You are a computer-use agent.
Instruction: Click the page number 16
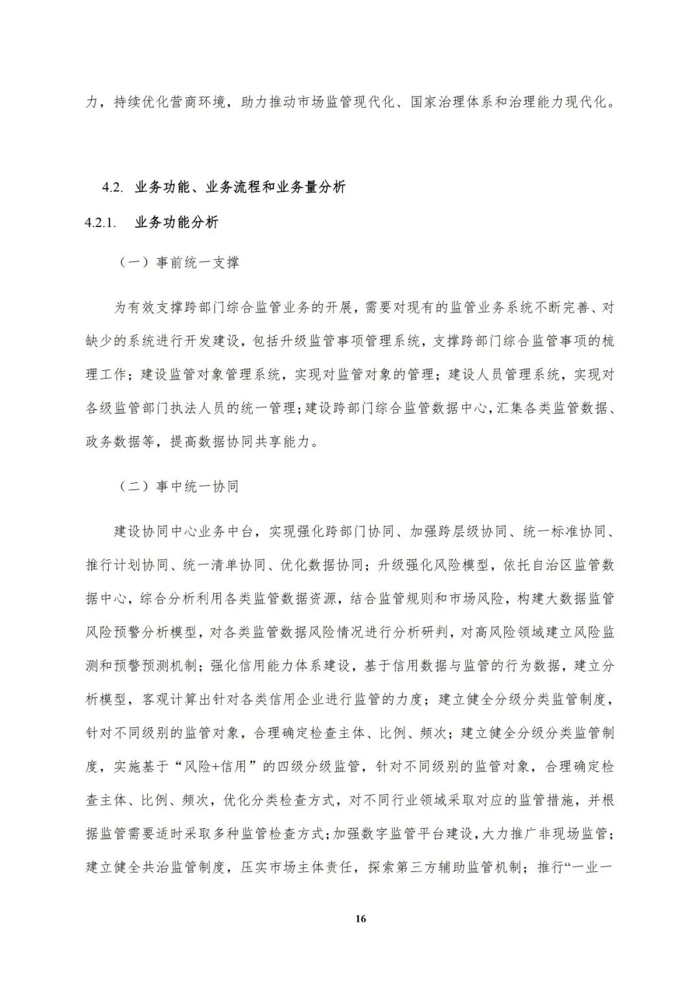pyautogui.click(x=361, y=919)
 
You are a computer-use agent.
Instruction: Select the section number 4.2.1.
pyautogui.click(x=100, y=223)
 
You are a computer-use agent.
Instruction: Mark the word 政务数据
pyautogui.click(x=114, y=442)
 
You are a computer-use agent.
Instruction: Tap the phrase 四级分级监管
pyautogui.click(x=318, y=767)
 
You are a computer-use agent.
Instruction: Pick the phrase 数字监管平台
pyautogui.click(x=402, y=834)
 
